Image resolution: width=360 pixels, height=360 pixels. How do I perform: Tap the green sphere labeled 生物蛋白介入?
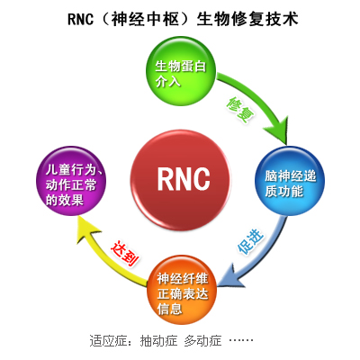180,73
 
